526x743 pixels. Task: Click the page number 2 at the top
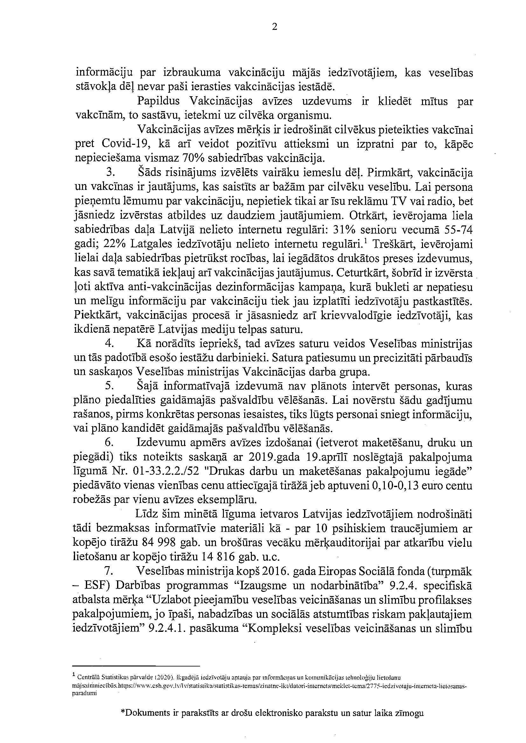274,28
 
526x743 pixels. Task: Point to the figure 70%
193,158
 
